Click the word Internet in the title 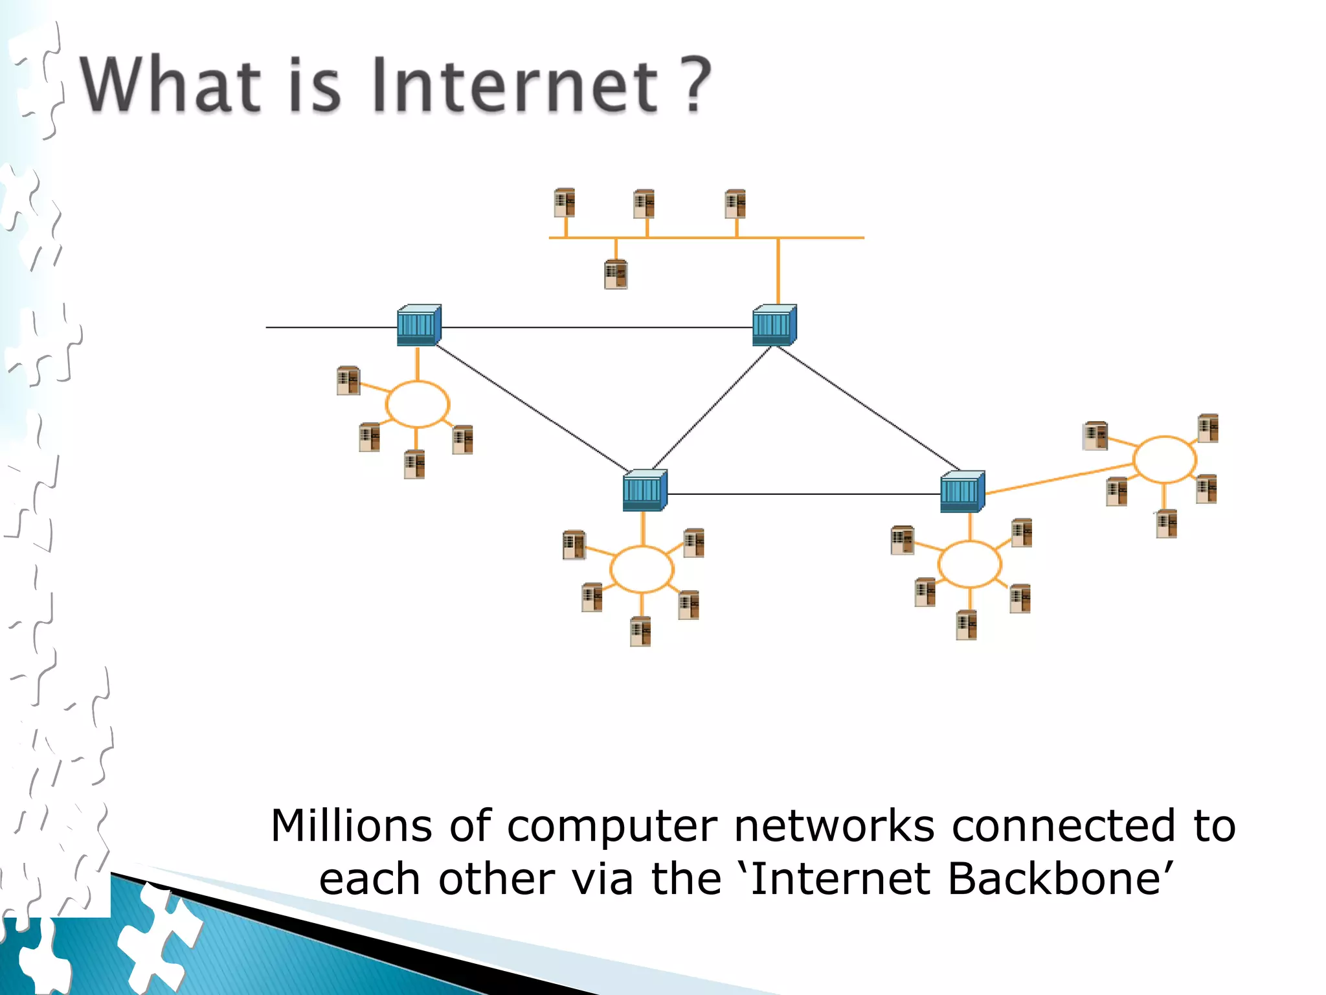click(x=515, y=86)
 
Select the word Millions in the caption click(x=351, y=826)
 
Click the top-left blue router click(x=419, y=325)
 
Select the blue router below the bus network click(x=774, y=325)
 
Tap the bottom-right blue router click(x=962, y=492)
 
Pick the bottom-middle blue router click(x=644, y=490)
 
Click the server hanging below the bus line click(x=616, y=274)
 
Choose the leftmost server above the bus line click(x=565, y=203)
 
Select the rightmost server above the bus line click(x=736, y=203)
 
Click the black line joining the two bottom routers click(x=803, y=494)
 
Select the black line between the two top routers click(x=596, y=327)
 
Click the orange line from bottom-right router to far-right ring click(x=1059, y=479)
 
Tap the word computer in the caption click(x=612, y=826)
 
